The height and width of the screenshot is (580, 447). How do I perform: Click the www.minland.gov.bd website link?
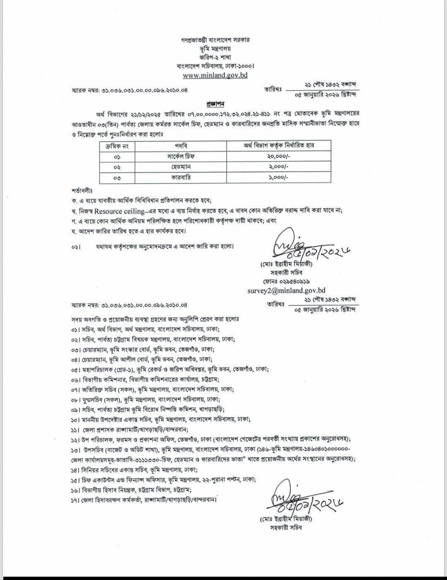coord(215,76)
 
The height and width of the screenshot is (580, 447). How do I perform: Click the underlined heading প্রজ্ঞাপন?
coord(215,103)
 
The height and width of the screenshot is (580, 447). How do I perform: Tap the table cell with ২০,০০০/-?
coord(278,156)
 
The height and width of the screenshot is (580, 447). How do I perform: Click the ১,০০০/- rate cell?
coord(278,177)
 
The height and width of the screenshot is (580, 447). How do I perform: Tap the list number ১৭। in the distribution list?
coord(75,500)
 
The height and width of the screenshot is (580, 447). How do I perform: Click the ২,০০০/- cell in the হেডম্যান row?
coord(278,167)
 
